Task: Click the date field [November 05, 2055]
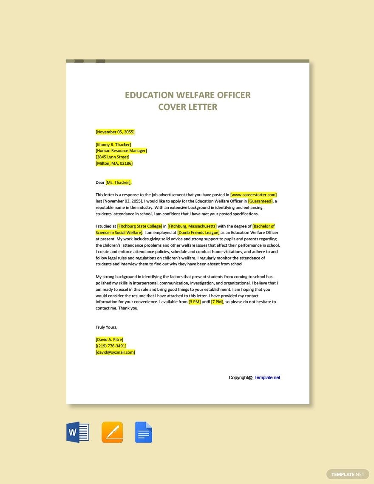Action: tap(115, 132)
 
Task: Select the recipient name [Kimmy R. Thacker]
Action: tap(113, 144)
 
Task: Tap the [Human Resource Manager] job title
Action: tap(122, 151)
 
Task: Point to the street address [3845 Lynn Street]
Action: tap(113, 157)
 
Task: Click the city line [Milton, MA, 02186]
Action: tap(114, 163)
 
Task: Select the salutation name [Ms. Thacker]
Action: tap(119, 183)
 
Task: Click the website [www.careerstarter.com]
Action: tap(254, 195)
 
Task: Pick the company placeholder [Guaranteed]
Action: tap(261, 201)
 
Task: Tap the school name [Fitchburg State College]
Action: tap(140, 226)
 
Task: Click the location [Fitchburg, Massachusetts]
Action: tap(192, 226)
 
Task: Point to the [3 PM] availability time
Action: tap(195, 302)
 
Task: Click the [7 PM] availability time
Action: tap(217, 302)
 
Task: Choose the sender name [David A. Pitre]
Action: tap(110, 340)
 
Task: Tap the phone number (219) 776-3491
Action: tap(111, 346)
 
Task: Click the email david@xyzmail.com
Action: tap(116, 352)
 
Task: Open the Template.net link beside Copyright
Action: tap(267, 378)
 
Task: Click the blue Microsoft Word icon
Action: tap(78, 433)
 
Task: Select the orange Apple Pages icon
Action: tap(112, 433)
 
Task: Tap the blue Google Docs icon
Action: tap(144, 433)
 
